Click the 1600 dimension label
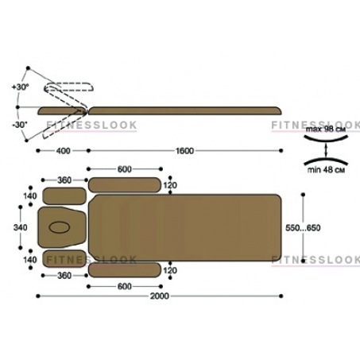(x=184, y=151)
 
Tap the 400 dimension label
(x=64, y=151)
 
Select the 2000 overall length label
(x=160, y=296)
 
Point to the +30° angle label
(x=21, y=87)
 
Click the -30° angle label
(x=20, y=125)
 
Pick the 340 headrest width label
(x=20, y=227)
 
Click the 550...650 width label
(x=303, y=228)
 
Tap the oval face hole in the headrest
(x=60, y=227)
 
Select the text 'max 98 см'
(x=326, y=130)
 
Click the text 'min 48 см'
(x=326, y=169)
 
